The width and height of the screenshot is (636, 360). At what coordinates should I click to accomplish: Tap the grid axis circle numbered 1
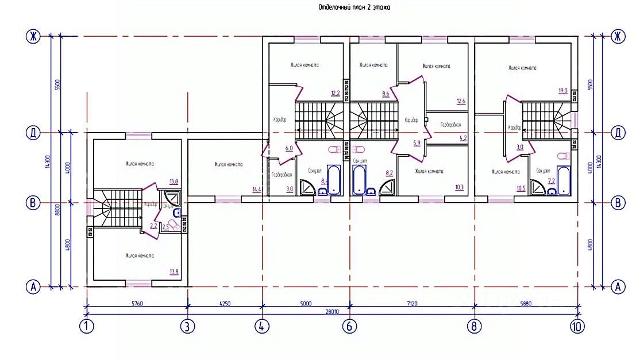tap(87, 327)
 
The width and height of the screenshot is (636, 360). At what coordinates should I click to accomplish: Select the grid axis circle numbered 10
tap(577, 327)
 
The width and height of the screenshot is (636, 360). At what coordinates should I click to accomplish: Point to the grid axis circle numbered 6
tap(349, 327)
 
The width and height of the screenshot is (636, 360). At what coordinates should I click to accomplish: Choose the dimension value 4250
tap(225, 303)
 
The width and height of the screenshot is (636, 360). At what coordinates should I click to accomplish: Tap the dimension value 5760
tap(136, 303)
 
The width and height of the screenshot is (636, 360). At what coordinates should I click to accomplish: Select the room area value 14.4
tap(256, 189)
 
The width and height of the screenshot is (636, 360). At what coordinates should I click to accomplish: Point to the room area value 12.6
tap(460, 102)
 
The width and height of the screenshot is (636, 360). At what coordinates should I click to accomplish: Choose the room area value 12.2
tap(336, 93)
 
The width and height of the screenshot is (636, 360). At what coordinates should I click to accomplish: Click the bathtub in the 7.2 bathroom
tap(564, 180)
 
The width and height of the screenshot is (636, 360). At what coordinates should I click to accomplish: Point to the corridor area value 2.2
tap(153, 226)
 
